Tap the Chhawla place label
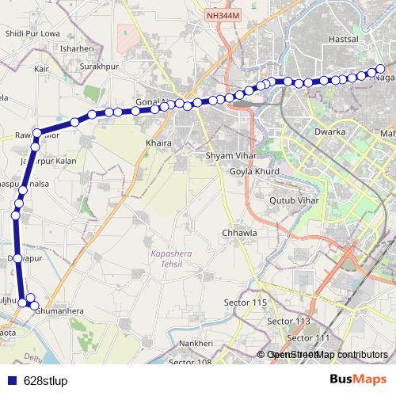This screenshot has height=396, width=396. (239, 234)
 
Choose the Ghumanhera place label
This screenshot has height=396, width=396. (59, 312)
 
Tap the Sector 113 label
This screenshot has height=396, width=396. (289, 321)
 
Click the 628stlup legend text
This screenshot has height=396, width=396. (44, 379)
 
